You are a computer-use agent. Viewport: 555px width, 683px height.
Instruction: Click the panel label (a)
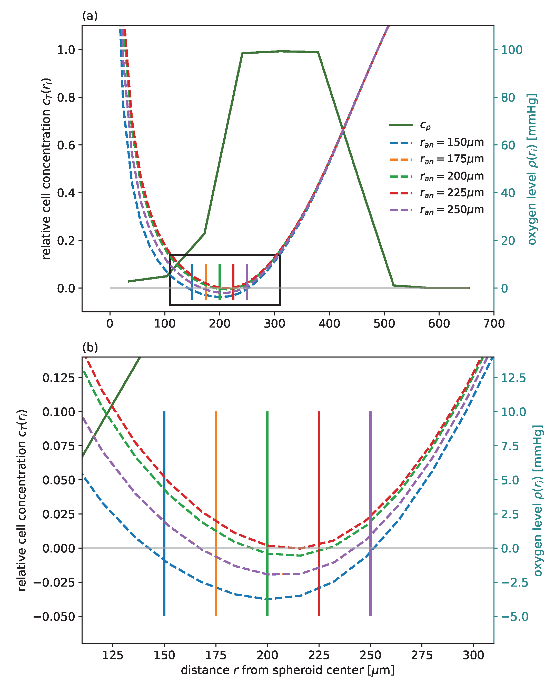point(90,16)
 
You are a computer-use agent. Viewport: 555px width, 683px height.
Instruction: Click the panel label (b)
point(90,347)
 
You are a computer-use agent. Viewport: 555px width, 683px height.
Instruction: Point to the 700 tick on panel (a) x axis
point(494,324)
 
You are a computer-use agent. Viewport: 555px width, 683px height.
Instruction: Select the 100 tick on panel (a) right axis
point(511,50)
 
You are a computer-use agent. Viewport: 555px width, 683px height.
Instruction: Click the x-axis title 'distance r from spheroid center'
point(288,670)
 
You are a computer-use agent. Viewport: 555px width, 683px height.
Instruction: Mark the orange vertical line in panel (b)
point(216,512)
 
